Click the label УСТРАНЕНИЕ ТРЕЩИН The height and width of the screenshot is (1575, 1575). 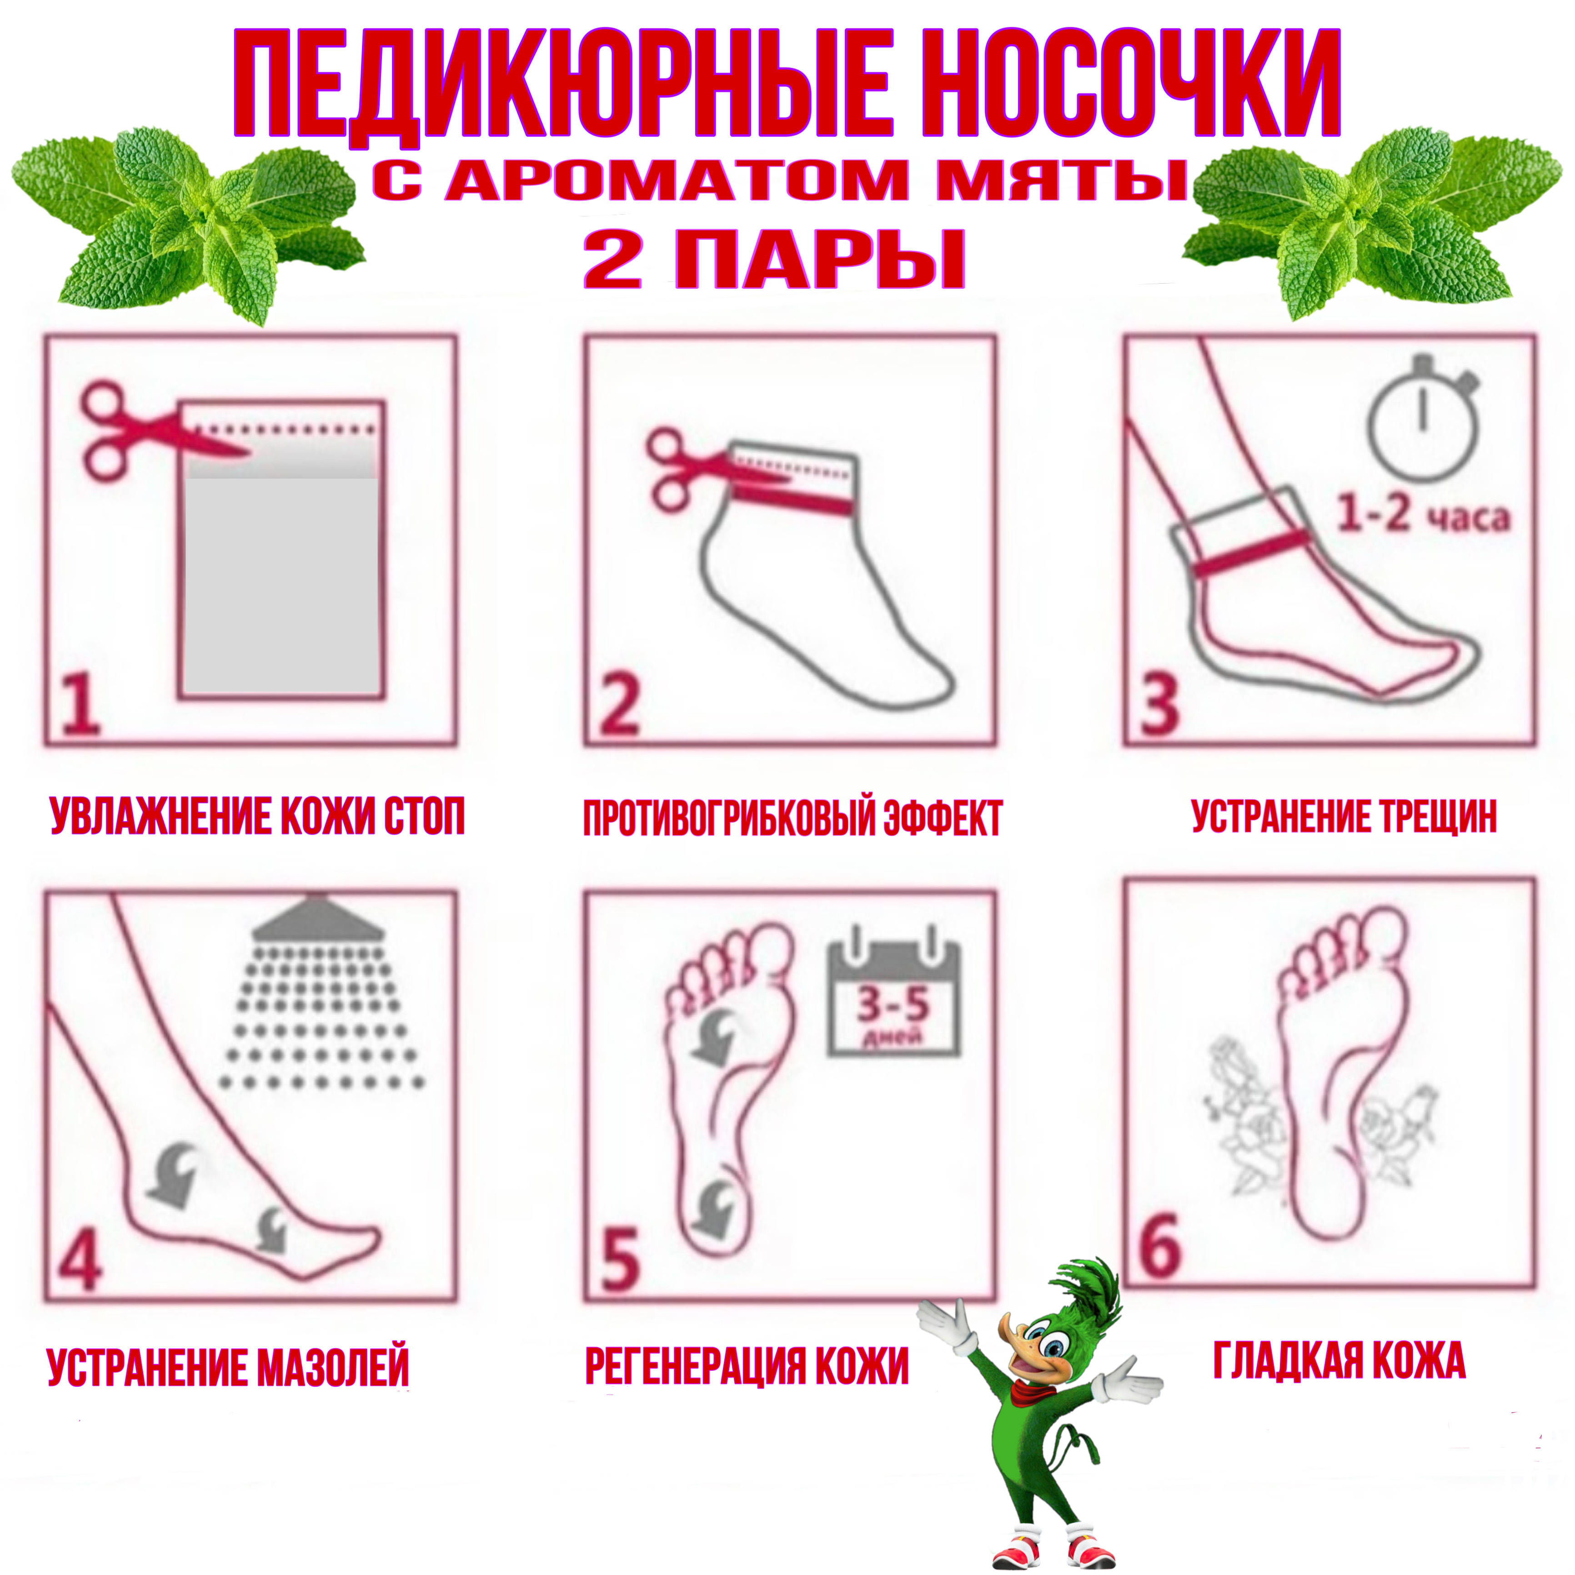(x=1344, y=817)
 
